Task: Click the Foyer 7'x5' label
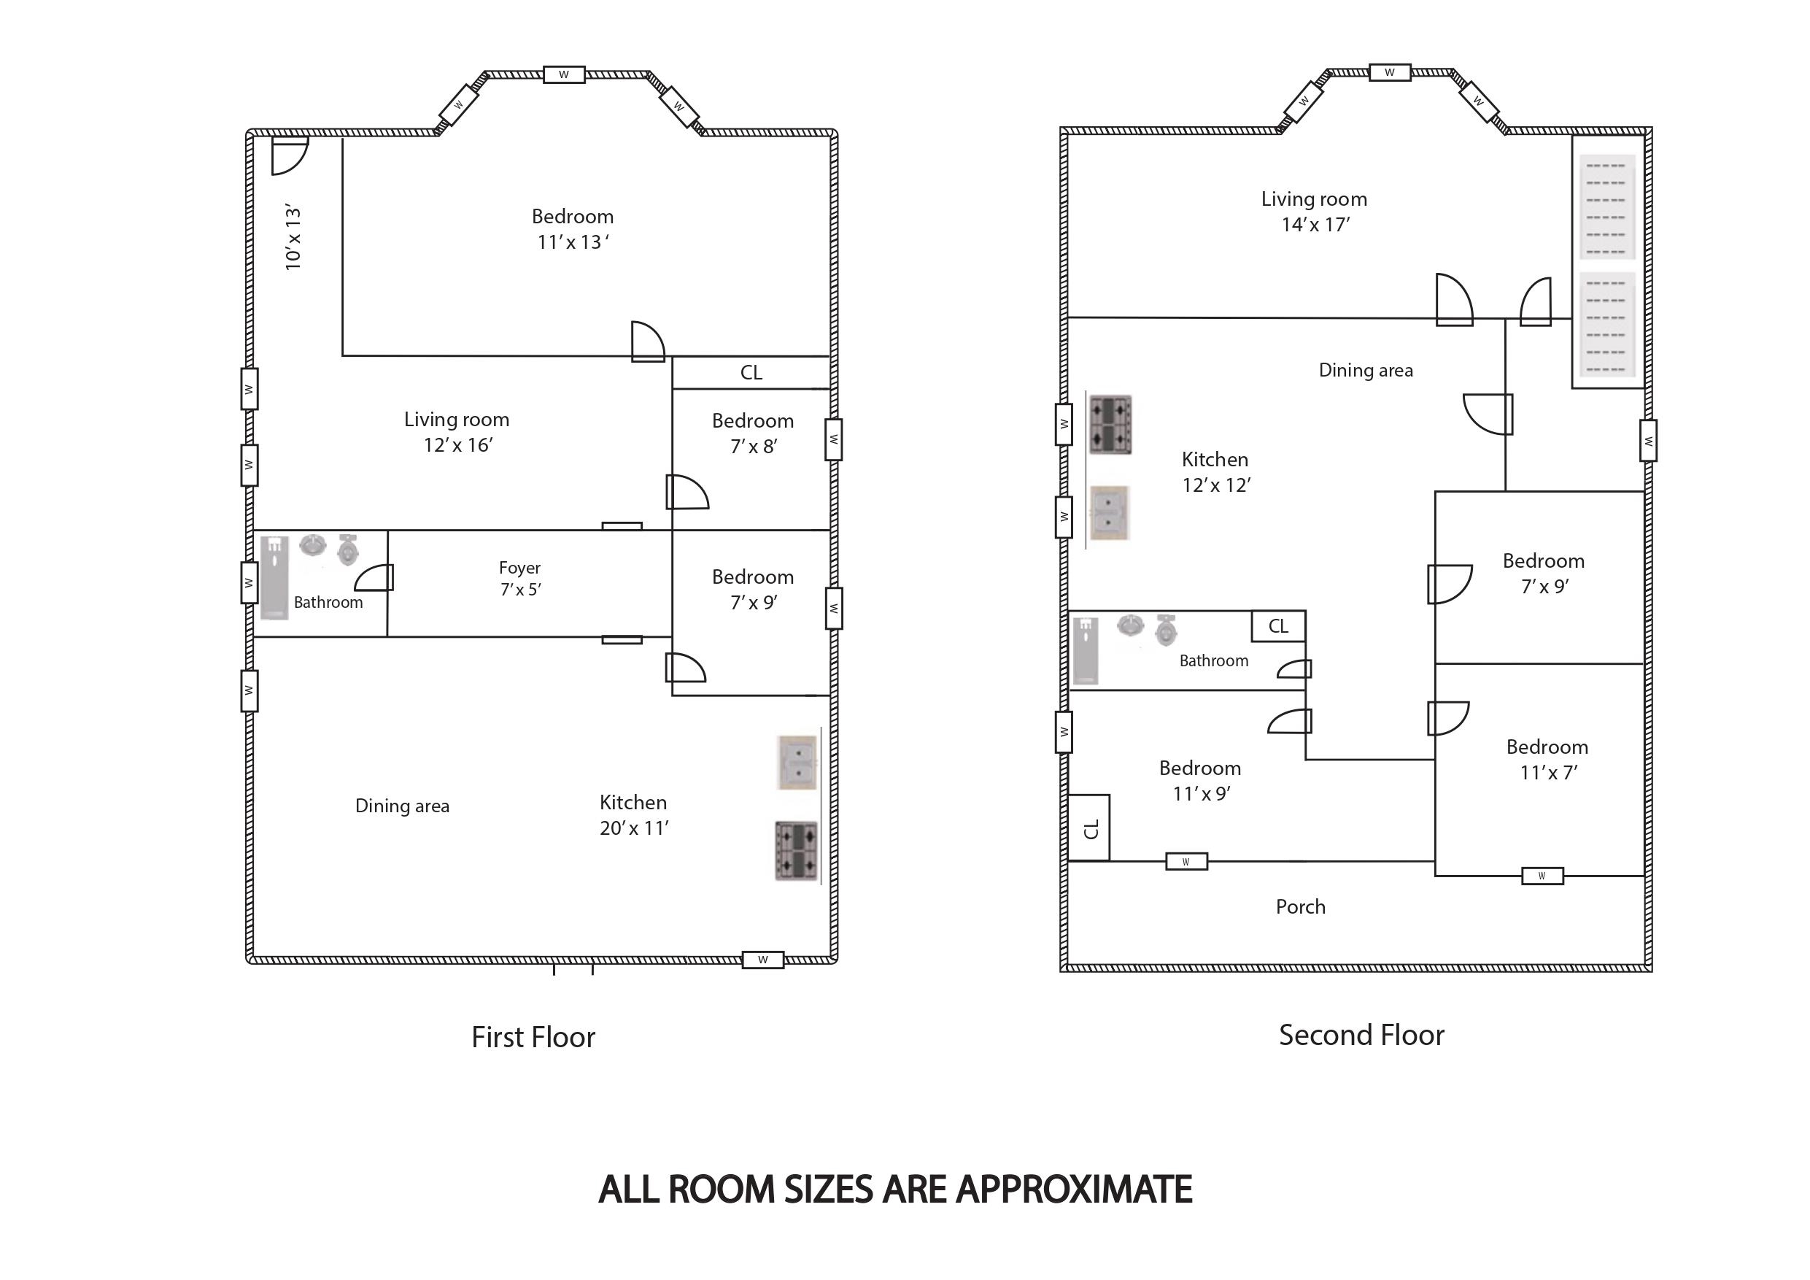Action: tap(520, 578)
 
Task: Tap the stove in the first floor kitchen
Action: tap(796, 851)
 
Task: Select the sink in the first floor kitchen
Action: tap(797, 763)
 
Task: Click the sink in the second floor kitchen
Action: tap(1109, 512)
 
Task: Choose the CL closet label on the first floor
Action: tap(751, 372)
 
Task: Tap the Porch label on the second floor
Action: tap(1301, 907)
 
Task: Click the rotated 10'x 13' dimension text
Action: tap(293, 237)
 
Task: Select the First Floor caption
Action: tap(533, 1037)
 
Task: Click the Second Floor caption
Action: tap(1361, 1035)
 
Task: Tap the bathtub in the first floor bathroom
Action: tap(274, 577)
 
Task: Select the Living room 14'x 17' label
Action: tap(1314, 212)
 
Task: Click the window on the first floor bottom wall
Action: tap(763, 960)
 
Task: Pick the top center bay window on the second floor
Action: tap(1390, 72)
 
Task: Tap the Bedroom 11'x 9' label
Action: tap(1200, 781)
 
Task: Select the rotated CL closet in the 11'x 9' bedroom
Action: tap(1089, 828)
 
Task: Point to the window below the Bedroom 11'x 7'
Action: tap(1542, 876)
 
